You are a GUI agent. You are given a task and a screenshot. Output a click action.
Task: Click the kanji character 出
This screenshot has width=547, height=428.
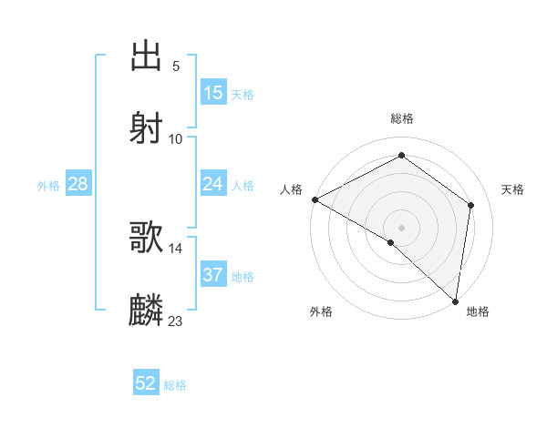pyautogui.click(x=147, y=56)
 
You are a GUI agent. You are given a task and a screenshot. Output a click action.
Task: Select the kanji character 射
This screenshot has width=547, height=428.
pyautogui.click(x=147, y=127)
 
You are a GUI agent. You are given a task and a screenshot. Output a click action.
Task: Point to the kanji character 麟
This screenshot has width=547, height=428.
pyautogui.click(x=147, y=310)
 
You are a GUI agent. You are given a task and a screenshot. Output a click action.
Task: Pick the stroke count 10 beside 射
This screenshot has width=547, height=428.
pyautogui.click(x=176, y=138)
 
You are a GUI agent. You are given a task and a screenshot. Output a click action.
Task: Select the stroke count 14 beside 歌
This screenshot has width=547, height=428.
pyautogui.click(x=176, y=248)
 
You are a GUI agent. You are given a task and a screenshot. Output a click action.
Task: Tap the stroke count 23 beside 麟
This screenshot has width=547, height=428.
pyautogui.click(x=176, y=321)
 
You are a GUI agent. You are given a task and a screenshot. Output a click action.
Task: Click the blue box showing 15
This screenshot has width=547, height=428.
pyautogui.click(x=213, y=93)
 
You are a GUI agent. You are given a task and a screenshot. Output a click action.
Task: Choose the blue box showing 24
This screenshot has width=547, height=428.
pyautogui.click(x=213, y=184)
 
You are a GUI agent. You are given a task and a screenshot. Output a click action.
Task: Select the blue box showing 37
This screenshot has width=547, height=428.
pyautogui.click(x=213, y=275)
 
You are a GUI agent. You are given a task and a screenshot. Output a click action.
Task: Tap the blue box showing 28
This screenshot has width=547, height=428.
pyautogui.click(x=78, y=184)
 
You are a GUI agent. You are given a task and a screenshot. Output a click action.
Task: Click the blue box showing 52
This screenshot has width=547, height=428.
pyautogui.click(x=146, y=383)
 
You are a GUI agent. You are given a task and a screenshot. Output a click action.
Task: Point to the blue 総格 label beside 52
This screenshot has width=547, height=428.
pyautogui.click(x=175, y=385)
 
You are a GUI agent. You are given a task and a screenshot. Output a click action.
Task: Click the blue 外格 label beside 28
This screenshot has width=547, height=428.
pyautogui.click(x=48, y=186)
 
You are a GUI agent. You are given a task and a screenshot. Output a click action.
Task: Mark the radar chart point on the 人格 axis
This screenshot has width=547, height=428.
pyautogui.click(x=315, y=199)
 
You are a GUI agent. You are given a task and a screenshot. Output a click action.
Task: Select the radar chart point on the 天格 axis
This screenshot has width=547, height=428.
pyautogui.click(x=471, y=205)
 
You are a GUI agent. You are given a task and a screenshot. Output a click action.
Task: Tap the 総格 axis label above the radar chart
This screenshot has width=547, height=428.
pyautogui.click(x=402, y=118)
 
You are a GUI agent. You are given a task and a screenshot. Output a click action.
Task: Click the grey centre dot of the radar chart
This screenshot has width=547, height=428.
pyautogui.click(x=401, y=227)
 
